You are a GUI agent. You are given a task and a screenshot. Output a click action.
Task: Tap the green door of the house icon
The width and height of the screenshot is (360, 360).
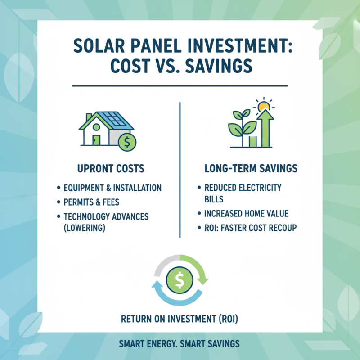click(96, 139)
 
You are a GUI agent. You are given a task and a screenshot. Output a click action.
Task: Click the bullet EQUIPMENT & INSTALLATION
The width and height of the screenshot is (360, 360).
click(112, 188)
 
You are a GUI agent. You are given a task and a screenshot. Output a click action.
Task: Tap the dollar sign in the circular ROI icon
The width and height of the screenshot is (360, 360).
click(179, 280)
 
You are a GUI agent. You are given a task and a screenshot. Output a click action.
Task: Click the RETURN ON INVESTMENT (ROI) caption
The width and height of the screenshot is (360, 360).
click(180, 319)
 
